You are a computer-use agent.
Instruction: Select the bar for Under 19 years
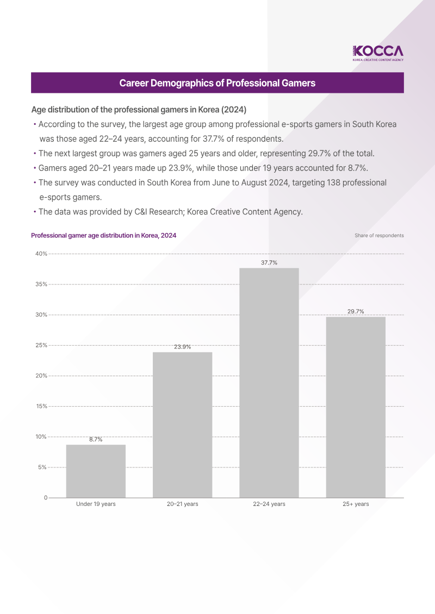(x=96, y=471)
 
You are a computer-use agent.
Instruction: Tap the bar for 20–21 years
(x=182, y=425)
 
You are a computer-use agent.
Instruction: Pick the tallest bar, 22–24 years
(x=269, y=383)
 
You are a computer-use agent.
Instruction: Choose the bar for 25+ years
(x=356, y=407)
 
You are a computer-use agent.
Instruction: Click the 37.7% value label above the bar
(x=269, y=263)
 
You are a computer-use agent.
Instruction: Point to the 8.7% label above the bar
(x=96, y=440)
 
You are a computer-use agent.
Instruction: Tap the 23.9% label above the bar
(x=182, y=347)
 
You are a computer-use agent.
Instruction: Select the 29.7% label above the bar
(x=356, y=312)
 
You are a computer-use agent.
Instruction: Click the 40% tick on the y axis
(x=42, y=254)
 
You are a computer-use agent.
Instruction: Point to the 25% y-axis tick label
(x=42, y=345)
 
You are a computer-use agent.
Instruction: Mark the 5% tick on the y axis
(x=43, y=467)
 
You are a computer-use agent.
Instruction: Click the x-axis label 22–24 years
(x=269, y=504)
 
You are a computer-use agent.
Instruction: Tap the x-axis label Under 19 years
(x=96, y=504)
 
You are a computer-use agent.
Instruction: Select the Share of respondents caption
(x=379, y=236)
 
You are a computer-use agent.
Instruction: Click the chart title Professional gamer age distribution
(x=103, y=236)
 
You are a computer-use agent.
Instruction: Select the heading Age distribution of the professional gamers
(x=139, y=109)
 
